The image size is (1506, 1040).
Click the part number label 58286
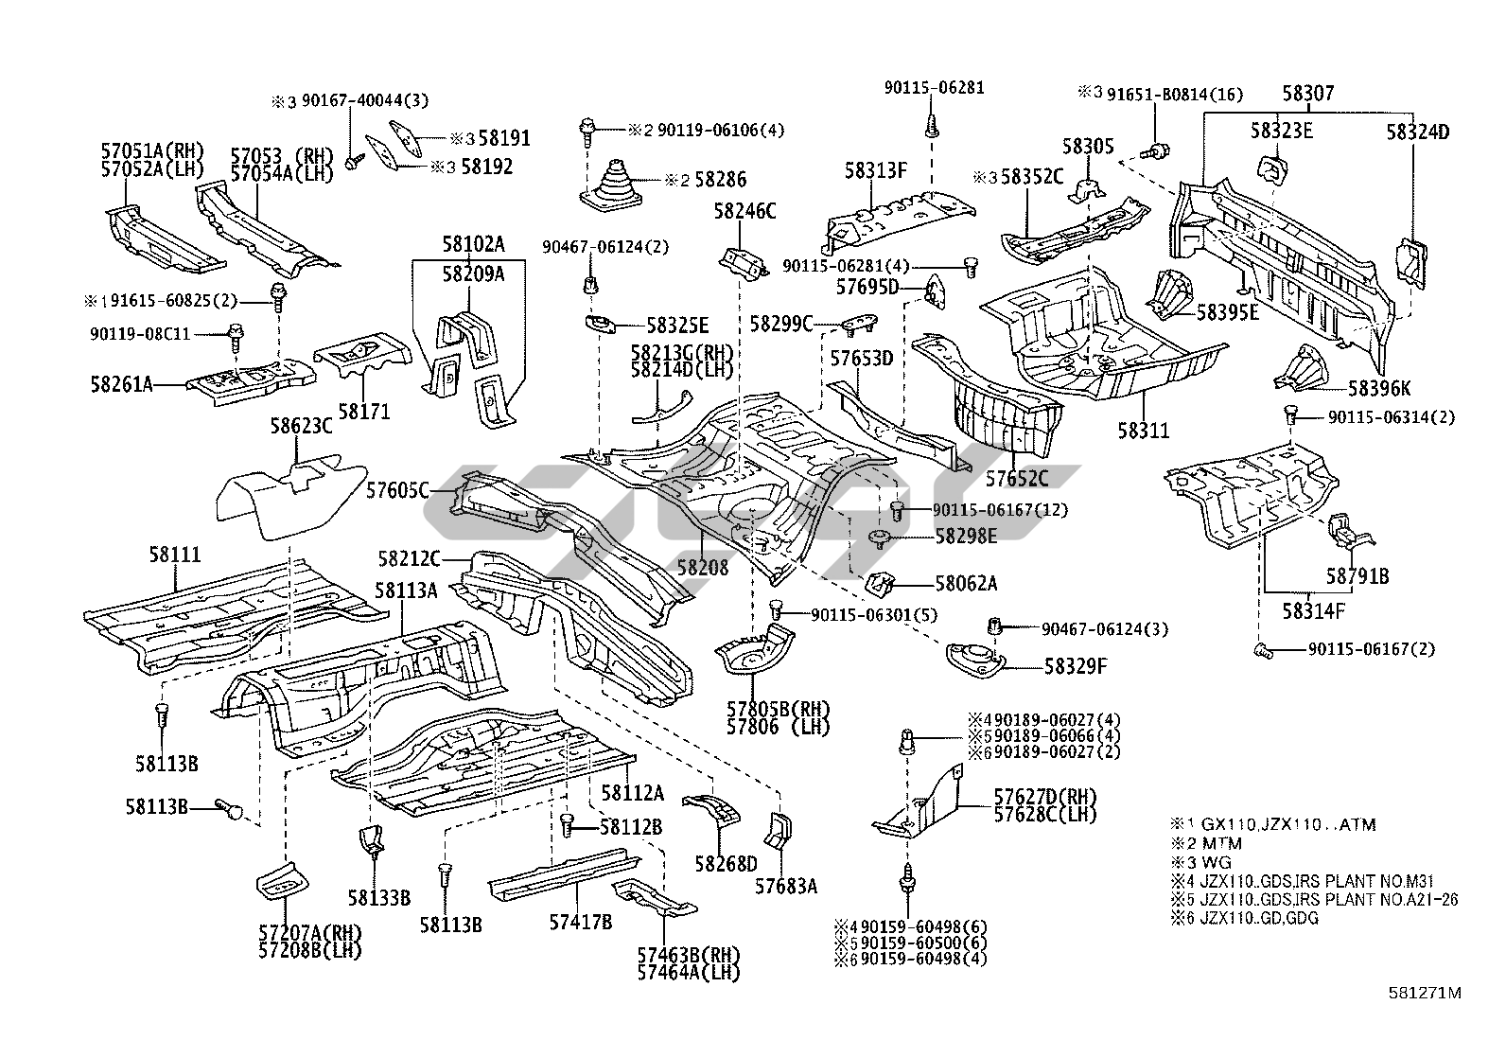[x=719, y=180]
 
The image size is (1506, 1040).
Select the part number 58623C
[x=301, y=427]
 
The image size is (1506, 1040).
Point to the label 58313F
[x=876, y=170]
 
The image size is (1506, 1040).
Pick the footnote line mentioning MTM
[x=1206, y=843]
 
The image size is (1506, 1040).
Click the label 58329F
[x=1075, y=666]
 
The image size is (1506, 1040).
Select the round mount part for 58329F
[x=975, y=659]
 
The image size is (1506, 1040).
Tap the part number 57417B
[x=581, y=921]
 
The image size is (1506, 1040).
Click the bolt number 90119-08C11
[x=141, y=333]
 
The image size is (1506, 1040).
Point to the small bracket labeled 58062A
[x=883, y=584]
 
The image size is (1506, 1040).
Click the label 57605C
[x=397, y=489]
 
